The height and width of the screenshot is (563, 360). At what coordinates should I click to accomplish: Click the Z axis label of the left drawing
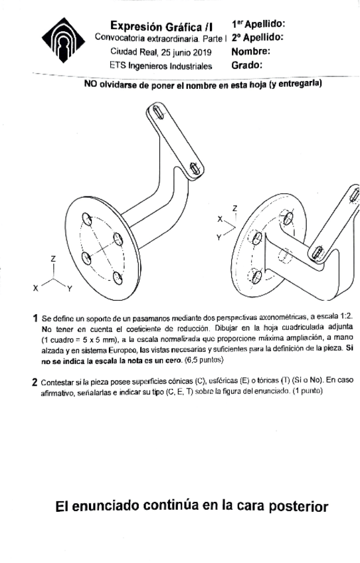click(x=53, y=258)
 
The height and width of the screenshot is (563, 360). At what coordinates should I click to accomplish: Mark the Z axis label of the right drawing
click(x=234, y=208)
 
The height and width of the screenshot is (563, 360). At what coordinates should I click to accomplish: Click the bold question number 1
click(x=35, y=319)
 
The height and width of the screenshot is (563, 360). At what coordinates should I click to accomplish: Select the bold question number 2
click(x=35, y=383)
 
